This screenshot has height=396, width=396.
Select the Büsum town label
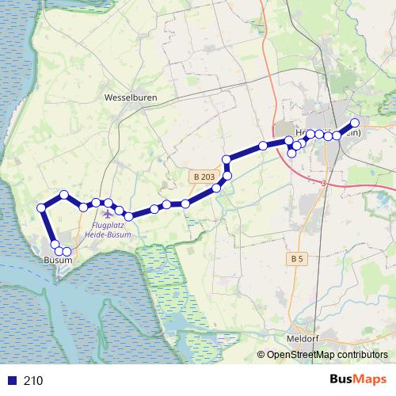click(x=58, y=261)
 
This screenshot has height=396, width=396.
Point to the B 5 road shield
click(x=297, y=259)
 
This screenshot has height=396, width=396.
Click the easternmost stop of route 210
click(x=355, y=123)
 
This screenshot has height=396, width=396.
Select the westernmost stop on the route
click(x=42, y=208)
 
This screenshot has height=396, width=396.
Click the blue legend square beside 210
click(x=11, y=380)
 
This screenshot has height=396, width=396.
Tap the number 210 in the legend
click(x=33, y=380)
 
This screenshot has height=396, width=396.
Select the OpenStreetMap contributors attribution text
click(x=327, y=355)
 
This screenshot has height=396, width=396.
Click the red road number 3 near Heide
click(x=324, y=184)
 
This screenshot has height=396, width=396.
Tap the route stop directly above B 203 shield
click(x=227, y=159)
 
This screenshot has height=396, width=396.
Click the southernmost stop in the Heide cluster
click(x=292, y=153)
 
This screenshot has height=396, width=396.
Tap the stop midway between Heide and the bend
click(x=263, y=146)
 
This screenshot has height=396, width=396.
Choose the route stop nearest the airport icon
click(x=109, y=203)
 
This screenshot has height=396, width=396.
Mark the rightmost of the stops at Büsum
click(x=67, y=252)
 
